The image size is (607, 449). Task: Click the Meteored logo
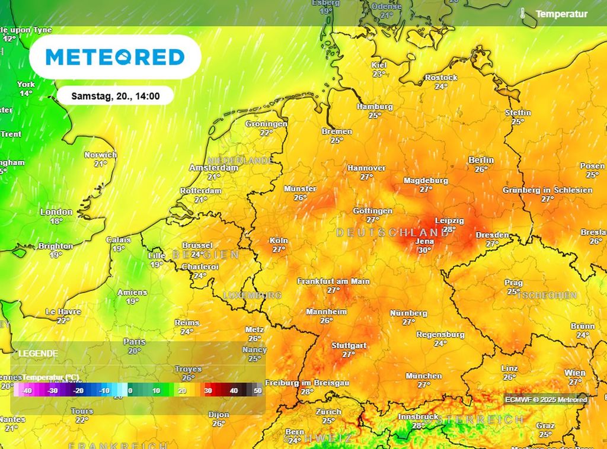[115, 57]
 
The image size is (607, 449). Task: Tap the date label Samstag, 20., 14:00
[115, 95]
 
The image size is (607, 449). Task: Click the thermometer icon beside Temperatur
[523, 13]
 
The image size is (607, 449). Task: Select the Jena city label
[424, 242]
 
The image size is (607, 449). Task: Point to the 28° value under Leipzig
[449, 229]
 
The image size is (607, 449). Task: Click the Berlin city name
[481, 161]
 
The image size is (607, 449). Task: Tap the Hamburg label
[375, 107]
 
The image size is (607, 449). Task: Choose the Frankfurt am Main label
[333, 281]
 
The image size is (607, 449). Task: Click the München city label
[423, 376]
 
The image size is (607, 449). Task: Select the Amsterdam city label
[213, 168]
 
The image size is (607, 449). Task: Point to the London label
[56, 212]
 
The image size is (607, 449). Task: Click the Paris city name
[135, 342]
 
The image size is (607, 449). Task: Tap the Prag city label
[513, 283]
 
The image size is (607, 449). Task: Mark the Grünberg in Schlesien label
[547, 190]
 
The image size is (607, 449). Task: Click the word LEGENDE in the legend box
[39, 354]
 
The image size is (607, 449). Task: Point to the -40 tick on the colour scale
[26, 391]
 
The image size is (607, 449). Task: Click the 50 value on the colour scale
[257, 391]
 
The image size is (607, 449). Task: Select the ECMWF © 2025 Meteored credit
[546, 400]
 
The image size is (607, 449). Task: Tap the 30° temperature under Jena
[424, 250]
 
